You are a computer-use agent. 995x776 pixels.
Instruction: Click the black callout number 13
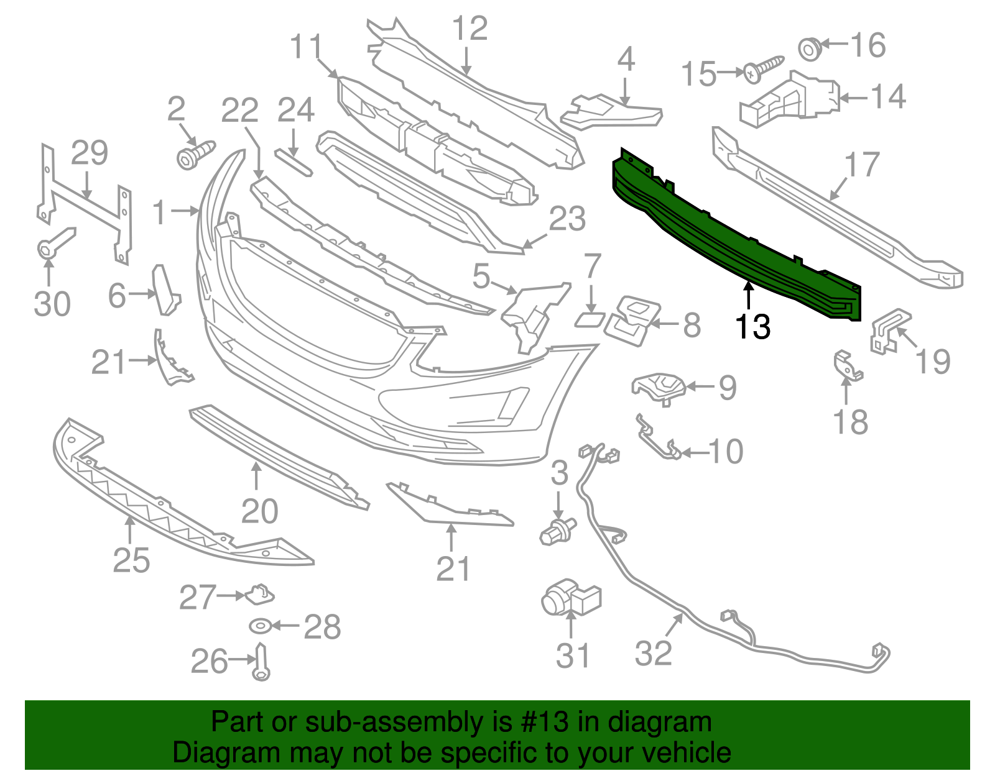coord(752,327)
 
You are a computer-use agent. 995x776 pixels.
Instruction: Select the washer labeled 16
coord(809,48)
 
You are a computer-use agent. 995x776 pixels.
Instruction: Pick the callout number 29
coord(90,153)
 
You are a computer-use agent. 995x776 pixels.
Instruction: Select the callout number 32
coord(654,653)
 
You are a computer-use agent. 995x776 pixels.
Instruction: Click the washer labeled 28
coord(259,626)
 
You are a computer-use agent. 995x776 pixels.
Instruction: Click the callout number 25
coord(131,560)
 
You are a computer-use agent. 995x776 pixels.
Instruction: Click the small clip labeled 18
coord(846,366)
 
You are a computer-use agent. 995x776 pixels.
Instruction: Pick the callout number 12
coord(470,29)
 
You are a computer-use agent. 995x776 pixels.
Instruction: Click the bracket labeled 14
coord(790,99)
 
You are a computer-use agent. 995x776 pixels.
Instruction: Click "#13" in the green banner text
coord(542,723)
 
